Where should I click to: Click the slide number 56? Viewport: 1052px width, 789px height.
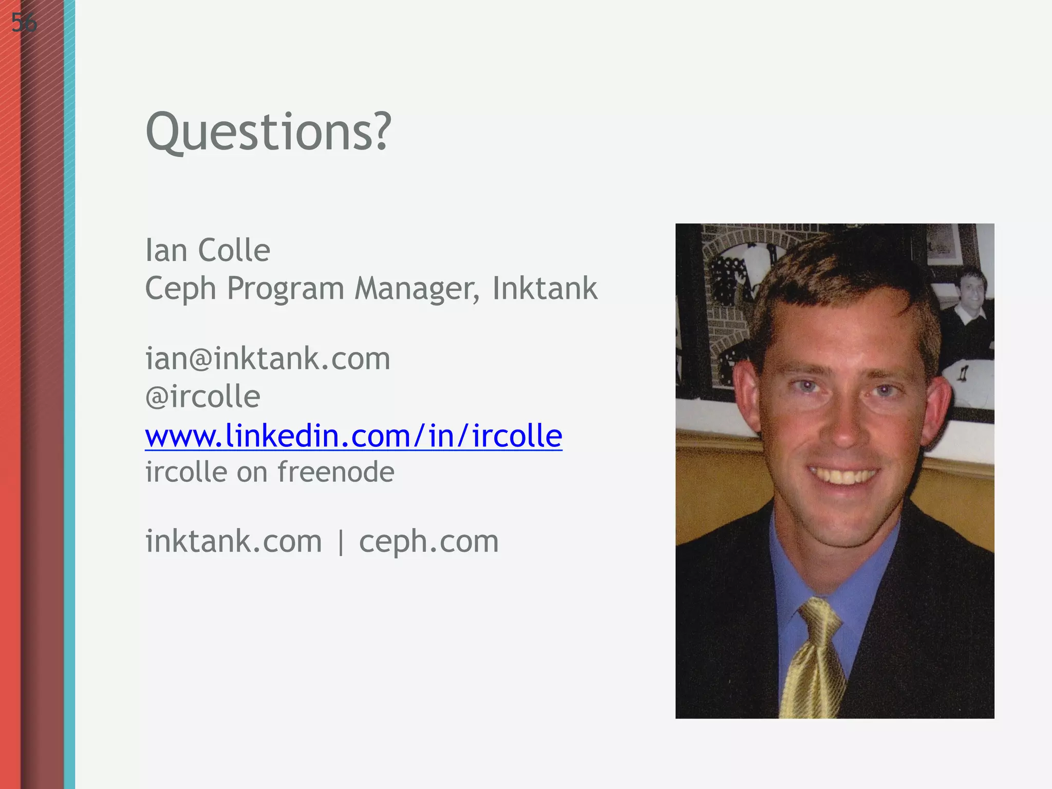tap(24, 23)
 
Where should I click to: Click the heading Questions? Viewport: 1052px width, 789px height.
tap(268, 132)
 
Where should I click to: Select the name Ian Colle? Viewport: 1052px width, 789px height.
tap(208, 251)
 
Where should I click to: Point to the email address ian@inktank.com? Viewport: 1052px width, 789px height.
tap(268, 359)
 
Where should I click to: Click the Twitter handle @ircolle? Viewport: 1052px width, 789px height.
tap(203, 397)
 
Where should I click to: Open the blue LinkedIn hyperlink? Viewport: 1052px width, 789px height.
tap(353, 436)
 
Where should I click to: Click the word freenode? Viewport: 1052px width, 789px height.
tap(335, 472)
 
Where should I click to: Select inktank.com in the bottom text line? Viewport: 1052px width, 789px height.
tap(234, 541)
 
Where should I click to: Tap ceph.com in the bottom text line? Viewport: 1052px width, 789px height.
tap(428, 541)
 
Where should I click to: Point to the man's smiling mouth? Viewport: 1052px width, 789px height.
tap(842, 475)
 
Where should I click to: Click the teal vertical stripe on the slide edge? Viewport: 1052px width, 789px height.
tap(69, 394)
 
